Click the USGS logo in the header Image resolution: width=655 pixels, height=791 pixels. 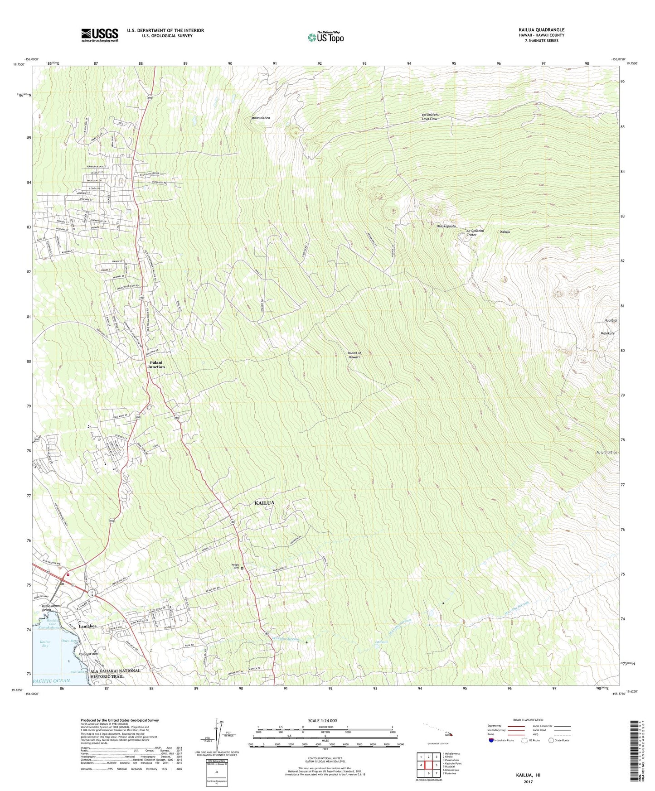[99, 35]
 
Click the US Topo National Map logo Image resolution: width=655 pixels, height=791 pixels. [325, 37]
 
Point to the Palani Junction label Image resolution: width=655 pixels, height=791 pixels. [156, 365]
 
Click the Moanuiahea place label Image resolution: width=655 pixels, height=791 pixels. [261, 118]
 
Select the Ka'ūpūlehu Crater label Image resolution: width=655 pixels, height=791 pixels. [475, 233]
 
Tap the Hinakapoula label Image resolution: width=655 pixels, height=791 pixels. [446, 226]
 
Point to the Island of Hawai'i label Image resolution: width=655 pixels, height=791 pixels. [354, 355]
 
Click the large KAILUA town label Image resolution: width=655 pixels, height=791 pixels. [264, 503]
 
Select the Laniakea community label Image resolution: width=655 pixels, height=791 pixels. [87, 626]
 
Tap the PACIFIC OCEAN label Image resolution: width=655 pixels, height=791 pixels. [51, 681]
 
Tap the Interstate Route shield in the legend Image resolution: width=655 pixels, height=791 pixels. [491, 740]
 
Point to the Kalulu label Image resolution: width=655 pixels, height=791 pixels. [505, 232]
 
